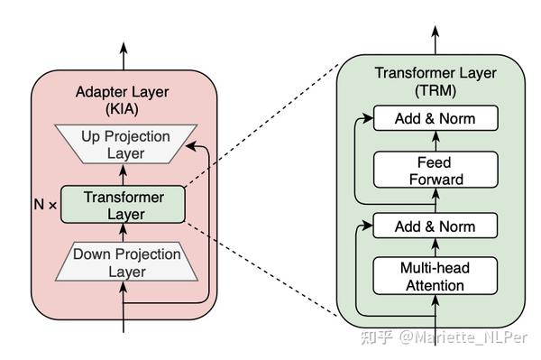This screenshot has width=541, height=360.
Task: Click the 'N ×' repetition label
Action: tap(42, 204)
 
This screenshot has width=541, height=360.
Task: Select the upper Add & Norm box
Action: tap(435, 118)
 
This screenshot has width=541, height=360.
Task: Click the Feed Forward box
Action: tap(435, 170)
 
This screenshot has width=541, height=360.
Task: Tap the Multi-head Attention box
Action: tap(435, 276)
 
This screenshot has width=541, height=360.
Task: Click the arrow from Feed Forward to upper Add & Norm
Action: tap(435, 140)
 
